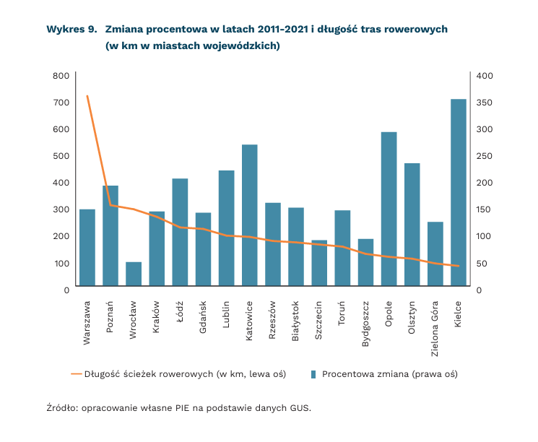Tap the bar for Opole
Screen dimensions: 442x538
click(389, 209)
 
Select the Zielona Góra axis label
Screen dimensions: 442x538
click(435, 330)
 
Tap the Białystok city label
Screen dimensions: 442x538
click(296, 322)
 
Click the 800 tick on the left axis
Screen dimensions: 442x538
click(61, 75)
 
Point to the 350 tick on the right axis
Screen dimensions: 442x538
click(484, 102)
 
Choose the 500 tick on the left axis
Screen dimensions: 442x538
click(61, 155)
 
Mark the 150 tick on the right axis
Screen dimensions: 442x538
click(484, 209)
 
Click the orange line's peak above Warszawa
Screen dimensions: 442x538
click(87, 95)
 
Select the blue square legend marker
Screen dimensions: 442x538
click(313, 374)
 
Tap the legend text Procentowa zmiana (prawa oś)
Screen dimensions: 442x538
click(390, 374)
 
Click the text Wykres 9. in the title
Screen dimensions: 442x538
click(71, 30)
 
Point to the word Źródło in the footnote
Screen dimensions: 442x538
click(61, 408)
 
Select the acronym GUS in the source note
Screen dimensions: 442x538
click(300, 408)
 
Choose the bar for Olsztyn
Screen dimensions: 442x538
click(412, 224)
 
